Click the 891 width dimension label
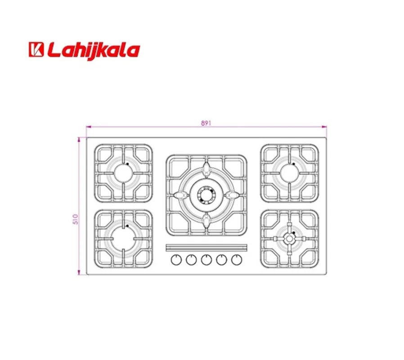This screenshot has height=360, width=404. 206,123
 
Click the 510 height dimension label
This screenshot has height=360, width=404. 76,219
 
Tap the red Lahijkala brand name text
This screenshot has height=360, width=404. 93,51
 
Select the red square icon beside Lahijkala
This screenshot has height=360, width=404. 36,49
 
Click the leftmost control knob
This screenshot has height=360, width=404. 176,260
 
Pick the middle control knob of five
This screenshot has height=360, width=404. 206,260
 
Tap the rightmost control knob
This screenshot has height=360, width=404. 237,260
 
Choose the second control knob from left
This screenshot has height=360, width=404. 191,260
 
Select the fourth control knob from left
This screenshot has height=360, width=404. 222,260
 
